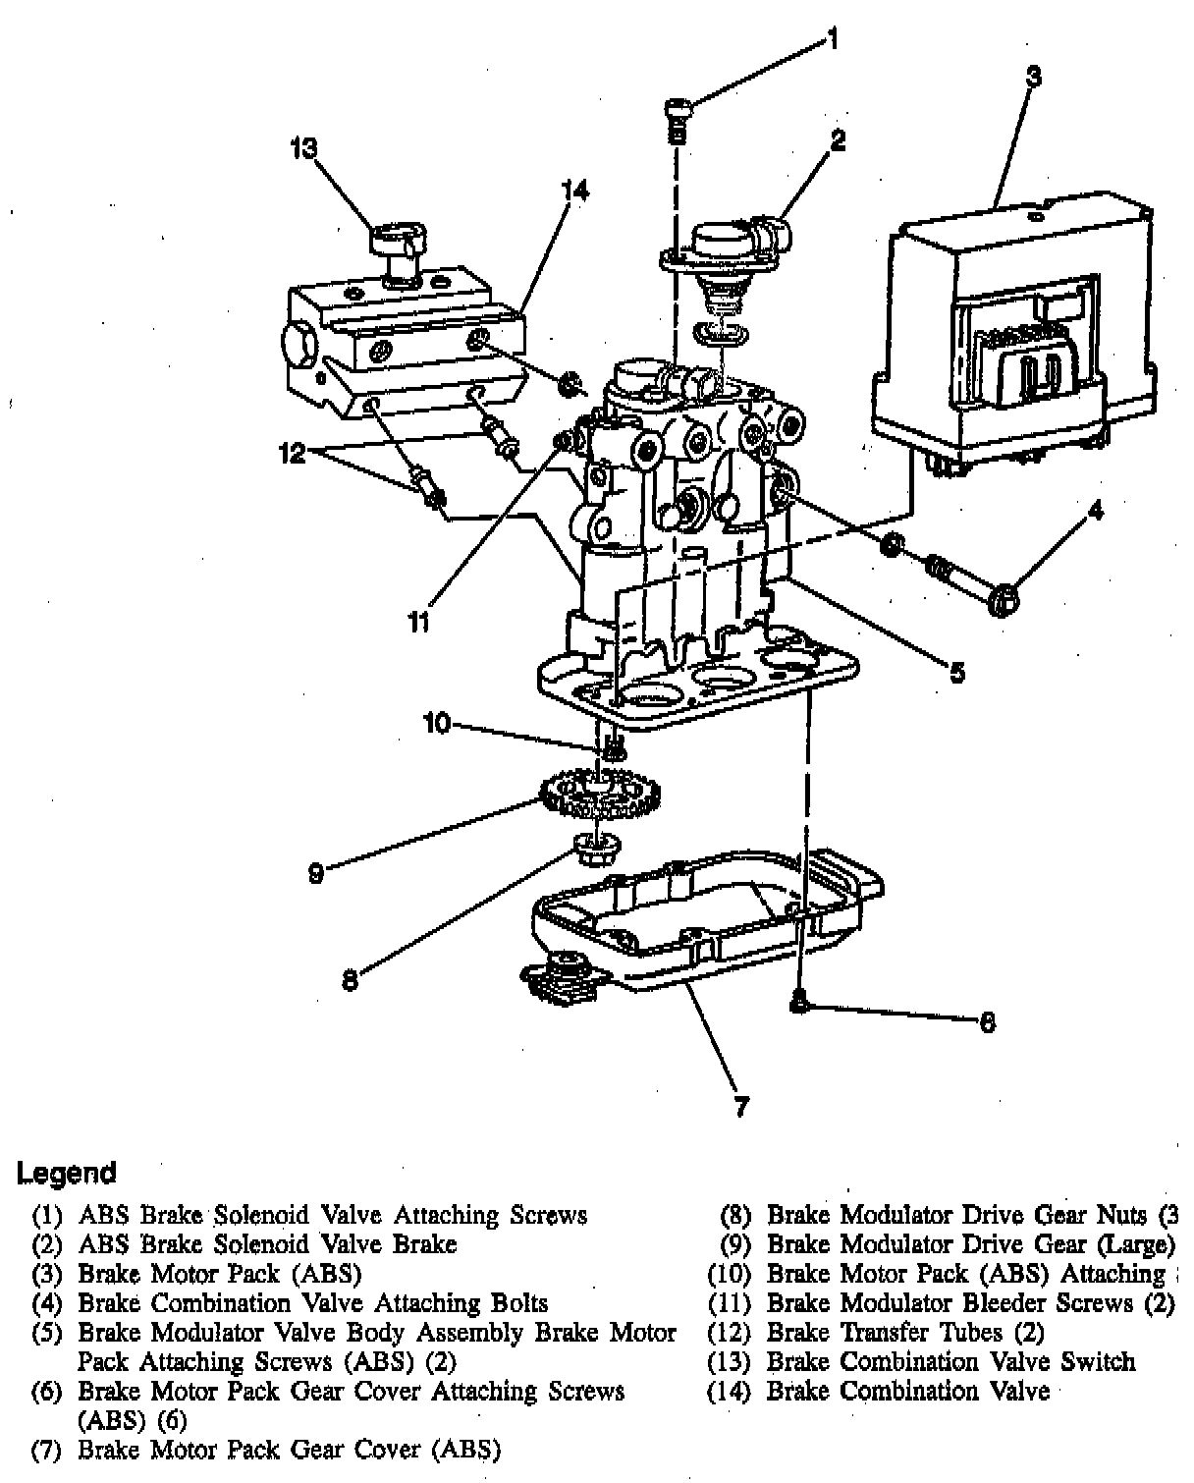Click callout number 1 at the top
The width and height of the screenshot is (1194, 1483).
(832, 40)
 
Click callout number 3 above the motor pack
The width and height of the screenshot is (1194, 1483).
(1033, 76)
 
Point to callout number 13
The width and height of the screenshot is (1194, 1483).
(304, 148)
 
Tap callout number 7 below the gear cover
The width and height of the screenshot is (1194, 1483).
(742, 1107)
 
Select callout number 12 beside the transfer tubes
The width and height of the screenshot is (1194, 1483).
(292, 454)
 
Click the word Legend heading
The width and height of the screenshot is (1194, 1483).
(67, 1173)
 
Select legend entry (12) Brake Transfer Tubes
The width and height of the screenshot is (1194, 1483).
(877, 1333)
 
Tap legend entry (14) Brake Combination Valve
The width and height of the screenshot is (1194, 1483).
(879, 1391)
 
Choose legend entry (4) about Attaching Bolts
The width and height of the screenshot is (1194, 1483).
(292, 1303)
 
